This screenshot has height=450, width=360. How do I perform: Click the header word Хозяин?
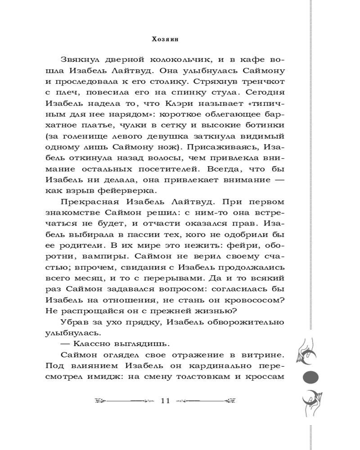167,39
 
